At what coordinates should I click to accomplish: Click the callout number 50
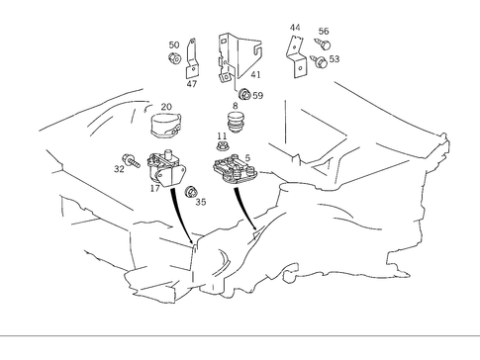tap(174, 45)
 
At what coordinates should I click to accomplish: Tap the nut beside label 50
tap(174, 58)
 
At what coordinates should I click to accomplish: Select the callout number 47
tap(192, 84)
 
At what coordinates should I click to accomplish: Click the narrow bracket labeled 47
tap(191, 58)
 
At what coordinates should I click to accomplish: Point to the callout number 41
tap(255, 74)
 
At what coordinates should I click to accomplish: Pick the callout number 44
tap(295, 28)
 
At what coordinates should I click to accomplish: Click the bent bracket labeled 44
tap(298, 56)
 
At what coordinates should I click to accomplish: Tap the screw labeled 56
tap(323, 44)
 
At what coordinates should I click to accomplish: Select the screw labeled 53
tap(319, 61)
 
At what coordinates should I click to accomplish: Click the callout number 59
tap(258, 96)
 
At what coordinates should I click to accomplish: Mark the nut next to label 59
tap(244, 94)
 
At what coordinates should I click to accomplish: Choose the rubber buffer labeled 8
tap(236, 123)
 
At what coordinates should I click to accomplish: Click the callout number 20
tap(166, 107)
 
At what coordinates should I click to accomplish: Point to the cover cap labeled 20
tap(166, 126)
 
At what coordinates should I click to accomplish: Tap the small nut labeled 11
tap(222, 145)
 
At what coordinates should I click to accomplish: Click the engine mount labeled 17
tap(166, 169)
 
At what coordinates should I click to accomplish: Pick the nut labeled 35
tap(190, 192)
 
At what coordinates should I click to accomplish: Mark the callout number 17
tap(154, 189)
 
